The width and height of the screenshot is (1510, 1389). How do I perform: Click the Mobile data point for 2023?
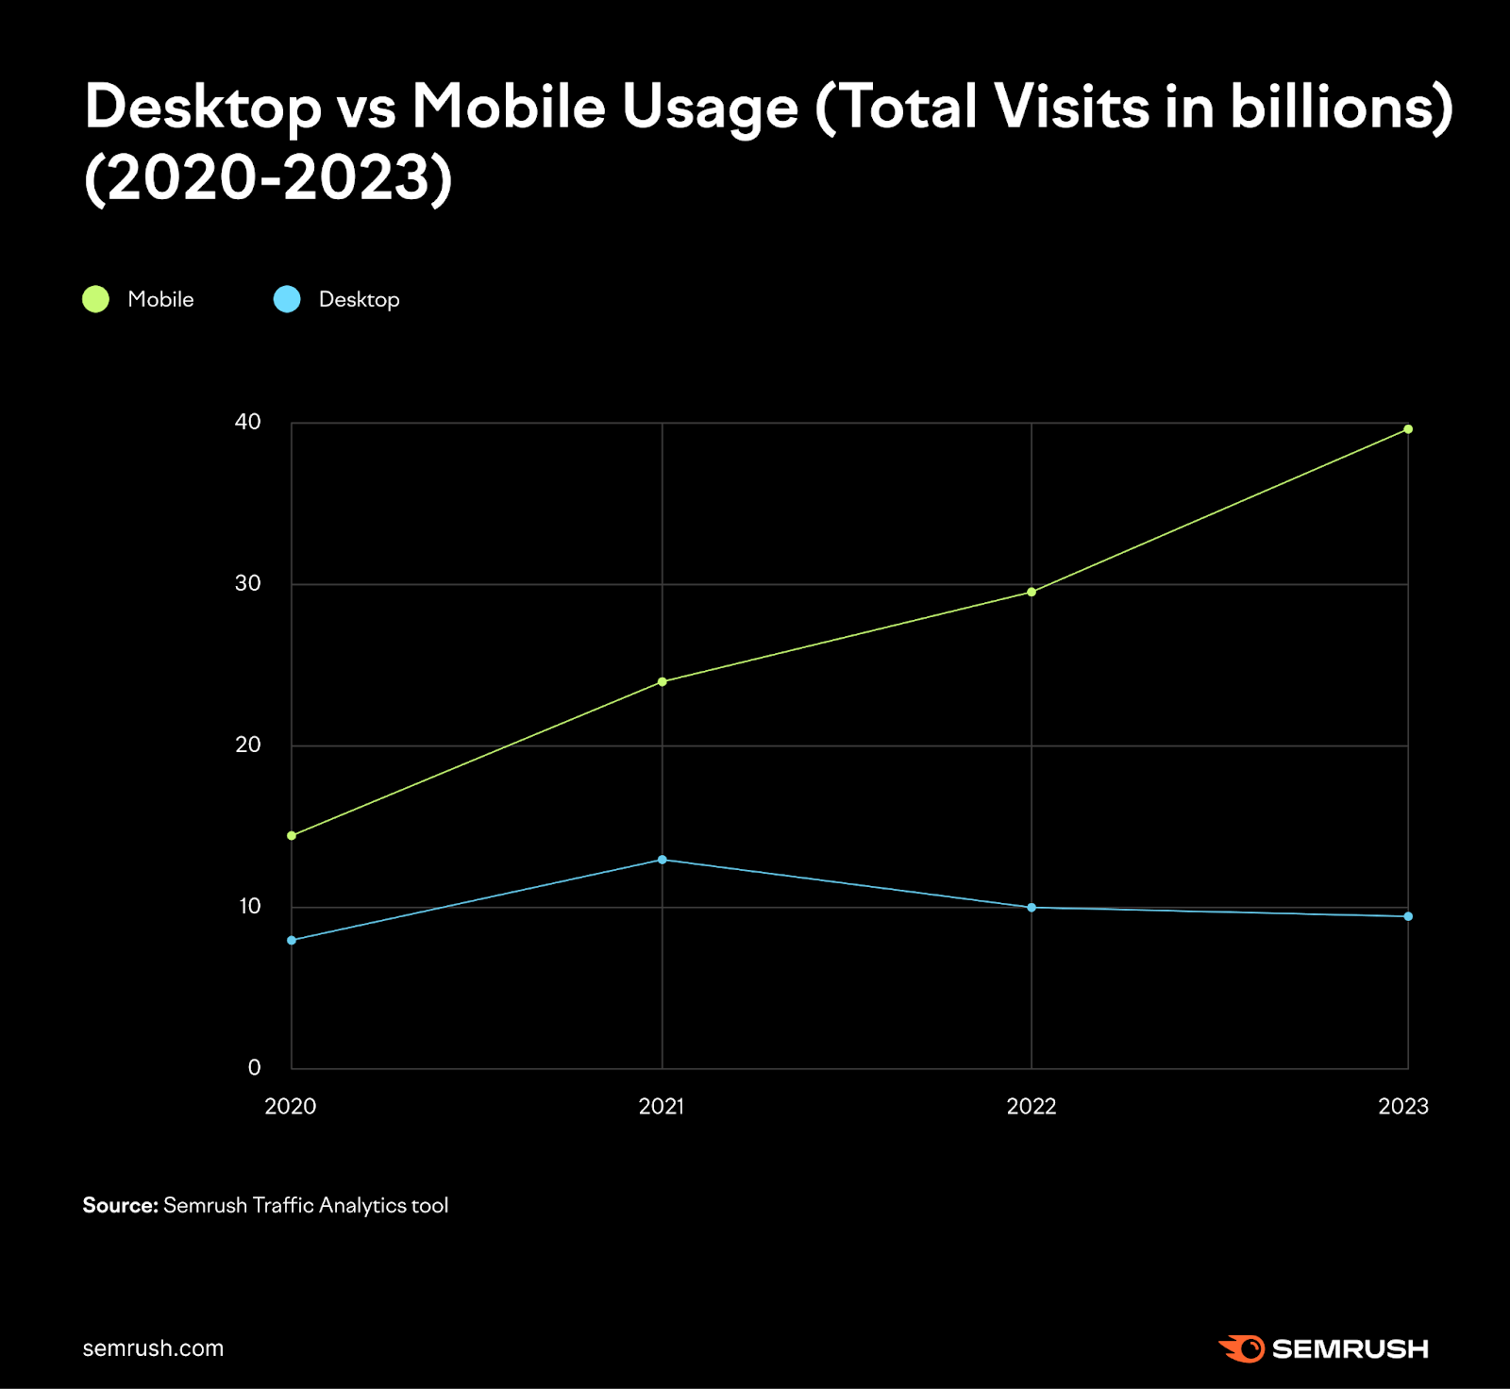(1408, 429)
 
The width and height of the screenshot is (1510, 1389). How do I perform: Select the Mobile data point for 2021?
(662, 681)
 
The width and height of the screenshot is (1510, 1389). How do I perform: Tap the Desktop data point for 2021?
(662, 860)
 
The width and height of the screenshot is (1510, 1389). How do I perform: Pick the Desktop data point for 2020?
(292, 940)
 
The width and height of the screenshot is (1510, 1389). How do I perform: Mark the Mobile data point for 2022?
(1032, 592)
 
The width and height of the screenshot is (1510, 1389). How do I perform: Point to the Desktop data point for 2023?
(1408, 916)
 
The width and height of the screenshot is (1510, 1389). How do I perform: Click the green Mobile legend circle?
(96, 299)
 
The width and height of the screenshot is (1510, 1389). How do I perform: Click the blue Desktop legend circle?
(287, 299)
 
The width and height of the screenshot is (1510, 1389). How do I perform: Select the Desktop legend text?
(359, 299)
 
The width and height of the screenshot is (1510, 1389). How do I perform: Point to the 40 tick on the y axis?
(247, 422)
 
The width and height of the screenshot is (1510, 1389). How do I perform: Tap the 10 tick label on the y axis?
(249, 907)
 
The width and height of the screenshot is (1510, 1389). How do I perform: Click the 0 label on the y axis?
(254, 1067)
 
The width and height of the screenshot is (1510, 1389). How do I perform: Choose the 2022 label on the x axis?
(1032, 1107)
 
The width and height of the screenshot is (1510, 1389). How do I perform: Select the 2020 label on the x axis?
(291, 1107)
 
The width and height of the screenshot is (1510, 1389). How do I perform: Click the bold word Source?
(120, 1205)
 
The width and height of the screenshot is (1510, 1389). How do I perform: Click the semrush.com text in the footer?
(153, 1348)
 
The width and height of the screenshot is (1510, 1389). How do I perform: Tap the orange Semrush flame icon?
(1242, 1348)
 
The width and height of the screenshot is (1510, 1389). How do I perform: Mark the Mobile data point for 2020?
(292, 835)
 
